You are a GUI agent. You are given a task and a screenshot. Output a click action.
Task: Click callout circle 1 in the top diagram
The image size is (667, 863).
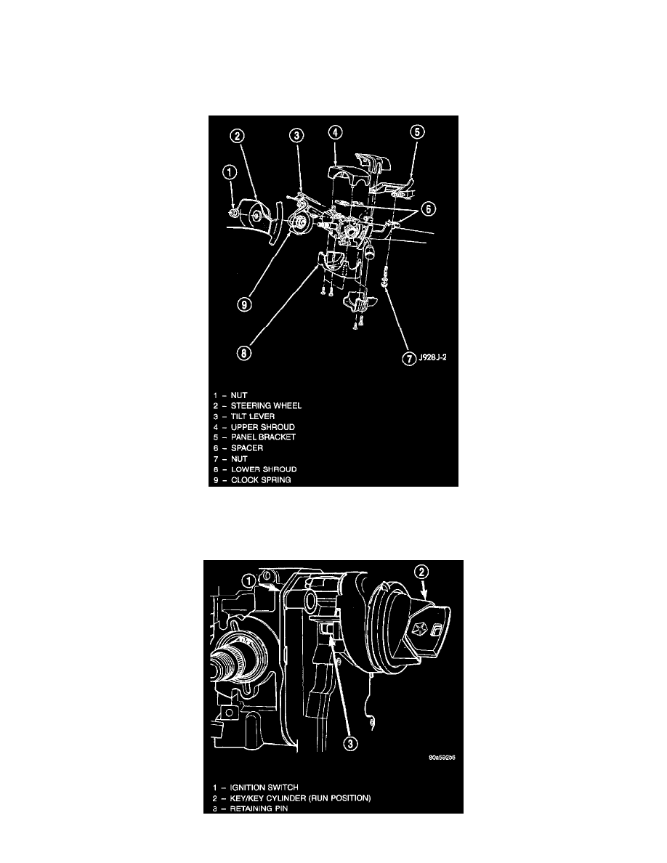[x=230, y=173]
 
